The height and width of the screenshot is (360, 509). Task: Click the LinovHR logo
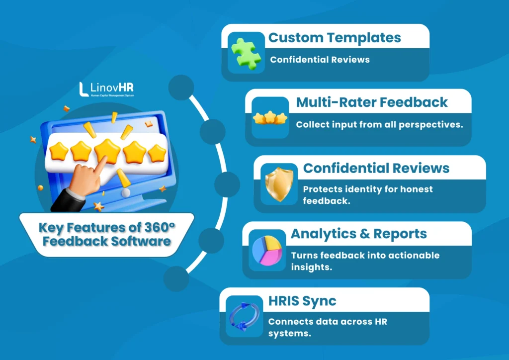pyautogui.click(x=106, y=89)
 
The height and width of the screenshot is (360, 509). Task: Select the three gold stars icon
pyautogui.click(x=270, y=118)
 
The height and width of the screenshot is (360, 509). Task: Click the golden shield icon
pyautogui.click(x=279, y=183)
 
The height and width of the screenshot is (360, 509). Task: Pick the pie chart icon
pyautogui.click(x=267, y=250)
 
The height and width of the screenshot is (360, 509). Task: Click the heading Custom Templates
pyautogui.click(x=335, y=37)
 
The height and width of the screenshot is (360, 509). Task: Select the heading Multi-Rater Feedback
pyautogui.click(x=372, y=102)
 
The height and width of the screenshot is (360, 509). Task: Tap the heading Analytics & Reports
pyautogui.click(x=359, y=233)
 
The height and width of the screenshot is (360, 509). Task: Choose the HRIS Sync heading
pyautogui.click(x=302, y=300)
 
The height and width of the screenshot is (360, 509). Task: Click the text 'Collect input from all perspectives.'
pyautogui.click(x=379, y=124)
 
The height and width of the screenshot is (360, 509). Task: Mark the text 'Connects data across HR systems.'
pyautogui.click(x=327, y=327)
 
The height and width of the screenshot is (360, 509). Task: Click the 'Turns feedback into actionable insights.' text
pyautogui.click(x=365, y=261)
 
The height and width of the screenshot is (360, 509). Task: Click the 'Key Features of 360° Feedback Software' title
pyautogui.click(x=106, y=235)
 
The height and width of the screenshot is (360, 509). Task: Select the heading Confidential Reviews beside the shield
pyautogui.click(x=376, y=168)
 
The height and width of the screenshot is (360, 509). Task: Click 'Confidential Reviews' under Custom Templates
pyautogui.click(x=320, y=60)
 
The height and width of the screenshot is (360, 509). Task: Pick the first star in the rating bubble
pyautogui.click(x=59, y=150)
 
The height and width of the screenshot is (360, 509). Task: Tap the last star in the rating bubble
pyautogui.click(x=157, y=152)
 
